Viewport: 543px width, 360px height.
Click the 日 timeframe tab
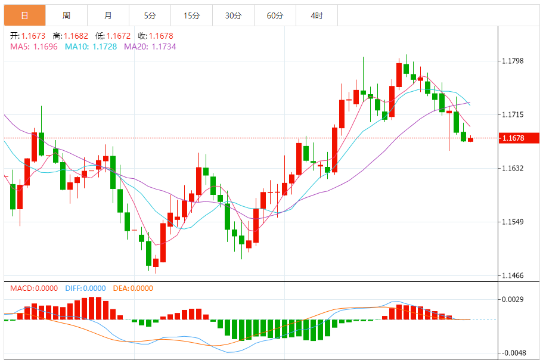point(24,15)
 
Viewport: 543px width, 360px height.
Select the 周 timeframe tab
point(66,15)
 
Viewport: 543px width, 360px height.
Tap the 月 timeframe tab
point(108,15)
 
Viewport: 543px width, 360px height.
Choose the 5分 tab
point(150,15)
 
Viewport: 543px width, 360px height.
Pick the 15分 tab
point(191,15)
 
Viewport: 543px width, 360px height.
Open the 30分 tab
point(233,15)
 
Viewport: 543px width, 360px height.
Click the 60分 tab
point(275,15)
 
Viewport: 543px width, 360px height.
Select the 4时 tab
point(317,15)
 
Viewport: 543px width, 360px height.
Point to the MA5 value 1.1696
point(45,46)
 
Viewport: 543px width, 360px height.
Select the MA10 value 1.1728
point(104,46)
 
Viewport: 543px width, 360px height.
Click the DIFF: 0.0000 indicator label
point(85,288)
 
